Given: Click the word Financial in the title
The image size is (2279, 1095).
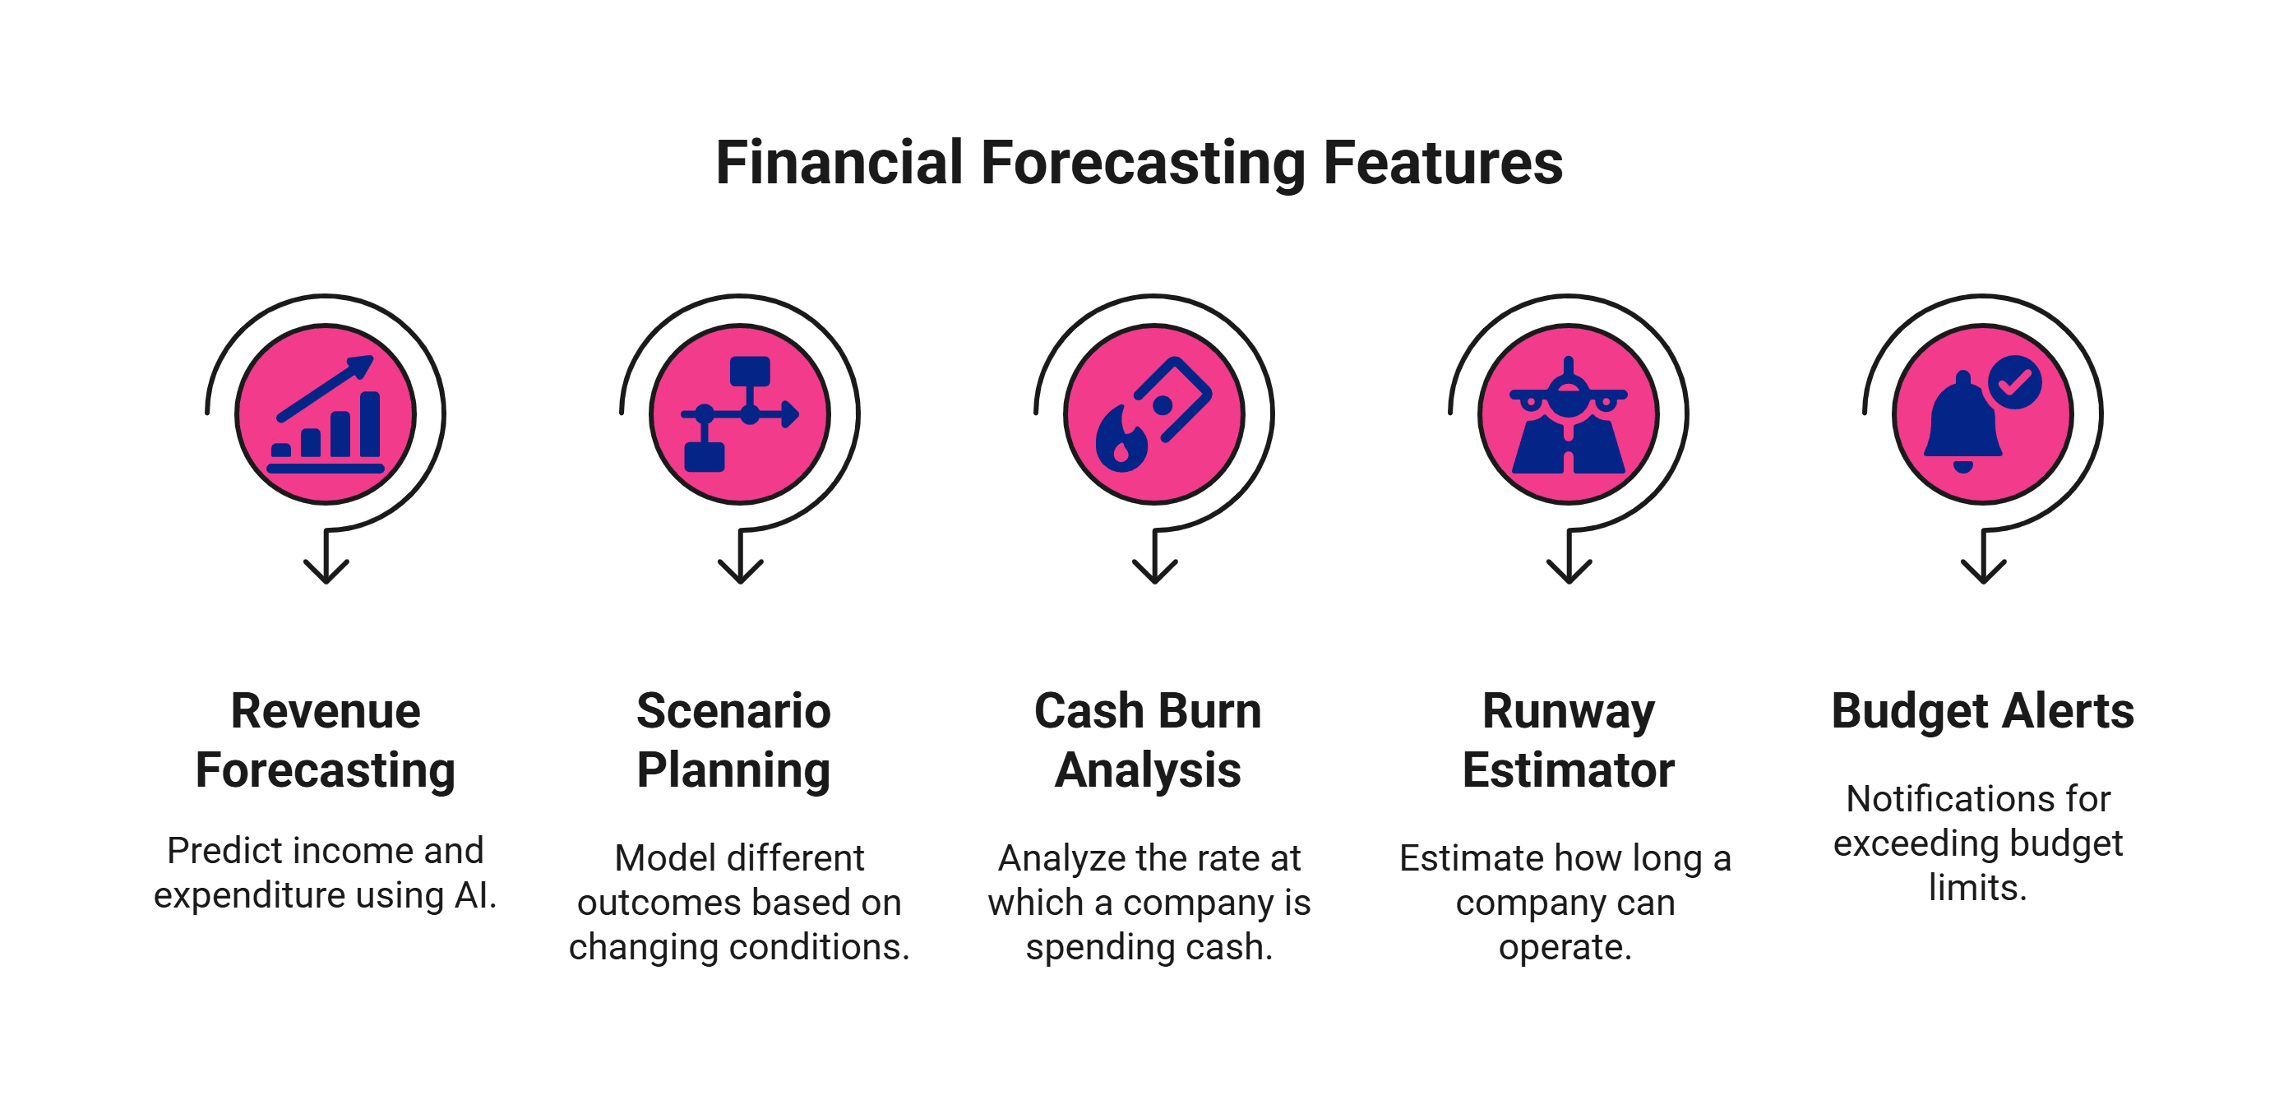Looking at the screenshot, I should (x=838, y=164).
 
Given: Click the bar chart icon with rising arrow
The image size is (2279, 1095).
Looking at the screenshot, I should (x=326, y=414).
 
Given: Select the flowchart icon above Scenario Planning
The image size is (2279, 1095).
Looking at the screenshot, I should (x=740, y=414).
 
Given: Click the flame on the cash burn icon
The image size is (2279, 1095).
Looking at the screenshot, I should (x=1121, y=440).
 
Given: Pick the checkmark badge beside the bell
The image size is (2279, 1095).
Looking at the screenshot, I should (x=2014, y=382).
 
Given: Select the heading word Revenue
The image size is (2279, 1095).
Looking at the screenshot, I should (x=326, y=711).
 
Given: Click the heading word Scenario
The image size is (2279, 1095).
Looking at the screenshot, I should (x=733, y=711).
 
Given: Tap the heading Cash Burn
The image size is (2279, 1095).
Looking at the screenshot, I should (x=1148, y=711).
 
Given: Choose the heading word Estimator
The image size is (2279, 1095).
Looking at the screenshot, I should (x=1568, y=770).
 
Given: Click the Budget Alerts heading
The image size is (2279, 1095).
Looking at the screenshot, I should (x=1983, y=711).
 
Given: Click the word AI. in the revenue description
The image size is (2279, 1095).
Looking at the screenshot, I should (x=475, y=895).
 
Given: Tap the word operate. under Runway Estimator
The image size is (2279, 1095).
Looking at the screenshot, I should (x=1565, y=947).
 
